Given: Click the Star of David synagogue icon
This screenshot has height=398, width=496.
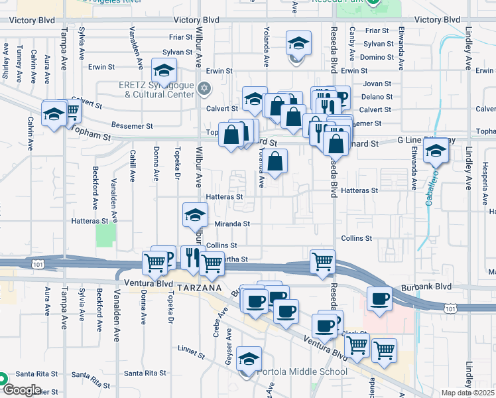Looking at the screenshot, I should pyautogui.click(x=204, y=88).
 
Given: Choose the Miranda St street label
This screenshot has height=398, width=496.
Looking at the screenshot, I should pyautogui.click(x=232, y=224).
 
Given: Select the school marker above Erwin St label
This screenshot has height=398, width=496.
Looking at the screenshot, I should pyautogui.click(x=163, y=70).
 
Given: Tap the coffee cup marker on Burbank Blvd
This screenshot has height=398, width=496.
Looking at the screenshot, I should pyautogui.click(x=379, y=298).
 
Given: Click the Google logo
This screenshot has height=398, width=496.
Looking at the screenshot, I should pyautogui.click(x=21, y=390).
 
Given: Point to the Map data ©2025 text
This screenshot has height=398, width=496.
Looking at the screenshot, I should pyautogui.click(x=468, y=393).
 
